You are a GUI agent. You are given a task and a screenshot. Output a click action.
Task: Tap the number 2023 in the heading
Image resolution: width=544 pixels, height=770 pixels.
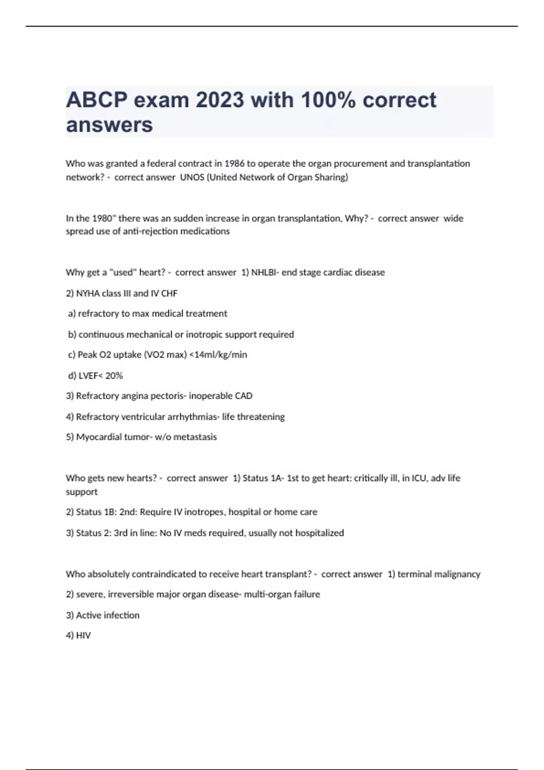tap(220, 100)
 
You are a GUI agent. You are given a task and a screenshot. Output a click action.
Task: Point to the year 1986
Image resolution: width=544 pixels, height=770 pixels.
tap(234, 164)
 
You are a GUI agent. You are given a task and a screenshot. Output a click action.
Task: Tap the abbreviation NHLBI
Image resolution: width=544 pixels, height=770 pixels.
tap(265, 272)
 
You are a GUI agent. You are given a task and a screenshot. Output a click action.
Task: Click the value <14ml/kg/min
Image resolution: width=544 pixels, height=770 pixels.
tap(218, 355)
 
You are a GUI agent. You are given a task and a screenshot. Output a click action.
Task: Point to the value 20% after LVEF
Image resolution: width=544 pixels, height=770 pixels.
tap(114, 375)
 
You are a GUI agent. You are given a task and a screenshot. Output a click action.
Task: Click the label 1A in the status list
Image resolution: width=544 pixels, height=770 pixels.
tap(276, 478)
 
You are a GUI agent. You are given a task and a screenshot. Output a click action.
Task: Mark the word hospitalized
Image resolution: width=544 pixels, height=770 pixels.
tap(320, 533)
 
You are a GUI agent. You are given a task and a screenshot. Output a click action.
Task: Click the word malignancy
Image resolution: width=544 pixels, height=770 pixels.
tap(457, 574)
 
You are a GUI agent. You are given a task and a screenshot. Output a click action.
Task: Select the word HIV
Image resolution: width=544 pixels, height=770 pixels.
tap(83, 635)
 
